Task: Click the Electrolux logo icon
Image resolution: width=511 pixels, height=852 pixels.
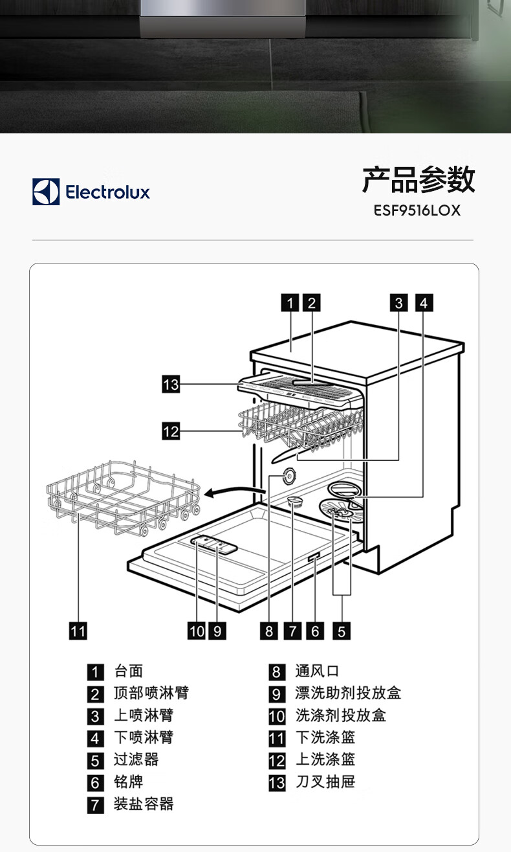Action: [x=46, y=192]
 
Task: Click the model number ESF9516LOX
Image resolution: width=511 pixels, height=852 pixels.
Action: [x=417, y=210]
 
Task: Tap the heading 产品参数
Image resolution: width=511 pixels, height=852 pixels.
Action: [x=419, y=179]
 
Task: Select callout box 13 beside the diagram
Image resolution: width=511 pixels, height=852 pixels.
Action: [x=171, y=385]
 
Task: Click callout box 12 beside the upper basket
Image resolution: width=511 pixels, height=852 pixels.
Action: [x=171, y=431]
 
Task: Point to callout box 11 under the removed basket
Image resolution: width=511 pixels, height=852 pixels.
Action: [x=78, y=631]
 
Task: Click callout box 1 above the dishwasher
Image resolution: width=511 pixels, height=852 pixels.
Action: [x=290, y=302]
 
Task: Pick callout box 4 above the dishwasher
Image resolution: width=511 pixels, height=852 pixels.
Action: [x=424, y=302]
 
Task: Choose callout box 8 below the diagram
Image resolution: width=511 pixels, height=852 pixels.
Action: [x=270, y=631]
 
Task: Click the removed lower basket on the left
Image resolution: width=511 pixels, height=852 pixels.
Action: [x=123, y=497]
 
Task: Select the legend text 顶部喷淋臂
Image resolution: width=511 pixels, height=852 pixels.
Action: [x=151, y=693]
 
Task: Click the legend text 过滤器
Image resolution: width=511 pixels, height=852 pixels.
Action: [x=136, y=759]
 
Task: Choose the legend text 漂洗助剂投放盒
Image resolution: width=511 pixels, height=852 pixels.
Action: [x=348, y=693]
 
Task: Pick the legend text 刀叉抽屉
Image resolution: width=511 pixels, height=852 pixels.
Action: [x=325, y=781]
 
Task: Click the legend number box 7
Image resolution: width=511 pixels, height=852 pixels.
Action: [x=96, y=805]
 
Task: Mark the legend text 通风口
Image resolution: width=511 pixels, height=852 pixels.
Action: [x=317, y=671]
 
